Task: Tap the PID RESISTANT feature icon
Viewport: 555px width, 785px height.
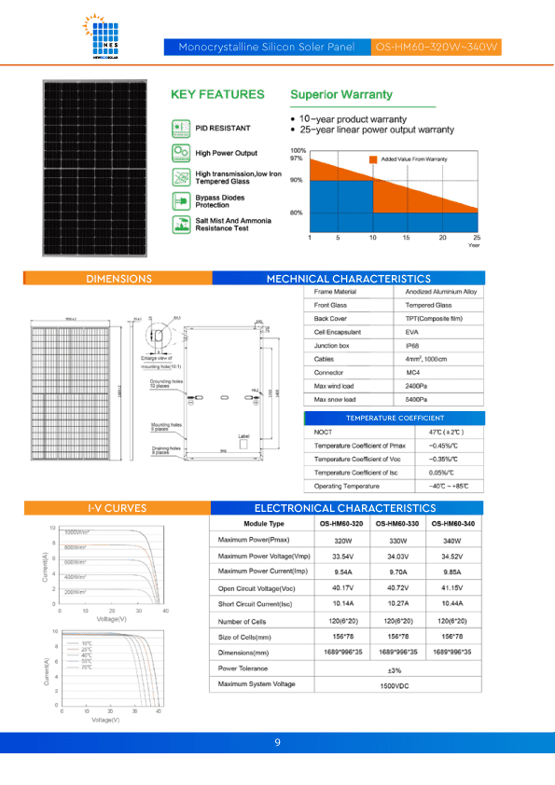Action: coord(180,127)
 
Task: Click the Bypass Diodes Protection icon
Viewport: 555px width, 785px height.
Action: coord(180,200)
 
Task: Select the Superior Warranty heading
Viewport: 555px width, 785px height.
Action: coord(341,95)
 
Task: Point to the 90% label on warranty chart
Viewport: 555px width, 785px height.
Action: coord(297,180)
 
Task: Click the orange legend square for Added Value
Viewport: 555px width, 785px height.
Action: coord(373,160)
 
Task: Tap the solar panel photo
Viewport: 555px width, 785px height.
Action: coord(94,168)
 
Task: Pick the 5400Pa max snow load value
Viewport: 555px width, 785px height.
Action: coord(418,399)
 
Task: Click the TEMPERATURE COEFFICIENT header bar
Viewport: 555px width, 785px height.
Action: coord(395,418)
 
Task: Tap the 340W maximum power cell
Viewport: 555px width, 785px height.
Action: coord(452,542)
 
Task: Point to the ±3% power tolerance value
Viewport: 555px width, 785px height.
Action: coord(395,669)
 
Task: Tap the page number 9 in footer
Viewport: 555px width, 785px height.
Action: coord(278,742)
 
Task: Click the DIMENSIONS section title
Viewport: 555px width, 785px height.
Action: coord(118,279)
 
